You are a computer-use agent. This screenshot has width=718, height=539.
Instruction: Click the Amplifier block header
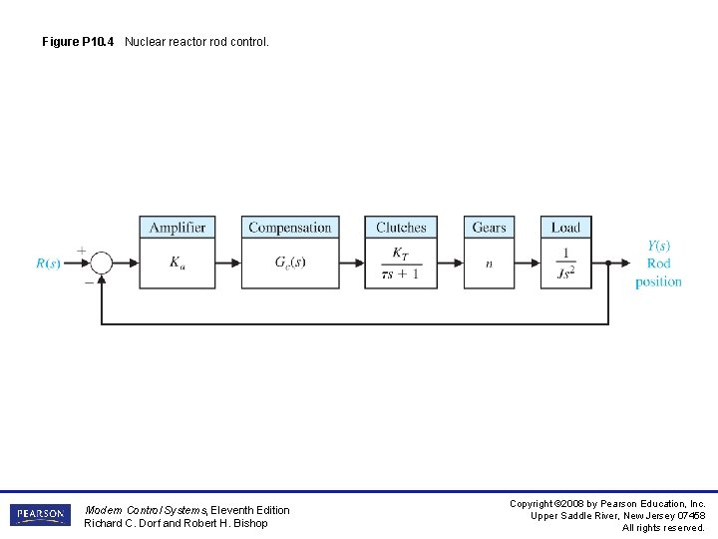(x=178, y=228)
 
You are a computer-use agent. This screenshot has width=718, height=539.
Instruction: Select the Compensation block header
(x=289, y=228)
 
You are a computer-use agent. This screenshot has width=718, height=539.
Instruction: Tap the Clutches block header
(x=401, y=228)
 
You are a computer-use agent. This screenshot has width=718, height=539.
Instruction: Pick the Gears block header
(x=489, y=228)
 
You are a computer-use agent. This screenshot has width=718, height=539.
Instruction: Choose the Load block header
(x=565, y=228)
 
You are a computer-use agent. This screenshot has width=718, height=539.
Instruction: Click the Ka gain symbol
(x=178, y=264)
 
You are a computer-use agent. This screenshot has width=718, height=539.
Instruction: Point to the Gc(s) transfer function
(x=289, y=264)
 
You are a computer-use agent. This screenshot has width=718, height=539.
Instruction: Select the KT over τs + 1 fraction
(x=401, y=264)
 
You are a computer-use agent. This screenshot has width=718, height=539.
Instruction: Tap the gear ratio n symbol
(x=489, y=264)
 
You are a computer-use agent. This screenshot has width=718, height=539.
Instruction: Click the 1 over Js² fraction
(x=565, y=264)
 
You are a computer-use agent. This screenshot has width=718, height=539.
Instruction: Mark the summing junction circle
(x=102, y=264)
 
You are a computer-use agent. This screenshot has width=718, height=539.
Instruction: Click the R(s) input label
(x=48, y=264)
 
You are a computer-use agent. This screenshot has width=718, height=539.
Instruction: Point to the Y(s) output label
(x=658, y=246)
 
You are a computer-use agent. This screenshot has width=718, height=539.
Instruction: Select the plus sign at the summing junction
(x=81, y=251)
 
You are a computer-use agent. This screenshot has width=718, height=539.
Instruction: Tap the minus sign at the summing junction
(x=89, y=281)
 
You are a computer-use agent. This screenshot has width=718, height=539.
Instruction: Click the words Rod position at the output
(x=658, y=272)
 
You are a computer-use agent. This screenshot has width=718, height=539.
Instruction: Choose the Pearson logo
(x=40, y=515)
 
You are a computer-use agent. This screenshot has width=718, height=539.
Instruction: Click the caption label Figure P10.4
(x=79, y=42)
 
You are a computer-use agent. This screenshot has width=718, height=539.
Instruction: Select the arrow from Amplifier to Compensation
(x=228, y=264)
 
